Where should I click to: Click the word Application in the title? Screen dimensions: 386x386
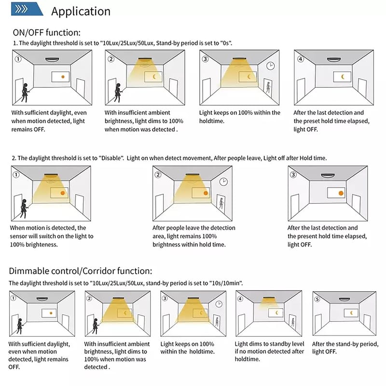[x=81, y=11]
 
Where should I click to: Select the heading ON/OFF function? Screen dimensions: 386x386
[x=47, y=33]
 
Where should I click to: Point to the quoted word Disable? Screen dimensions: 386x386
[x=114, y=158]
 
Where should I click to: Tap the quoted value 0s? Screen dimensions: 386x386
[x=225, y=43]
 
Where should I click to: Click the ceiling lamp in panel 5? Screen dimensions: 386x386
[x=344, y=298]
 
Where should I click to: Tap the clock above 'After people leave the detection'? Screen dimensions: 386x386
[x=223, y=181]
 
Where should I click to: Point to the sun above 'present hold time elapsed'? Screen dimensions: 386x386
[x=341, y=193]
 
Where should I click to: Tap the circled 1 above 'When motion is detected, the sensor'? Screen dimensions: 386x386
[x=16, y=174]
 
